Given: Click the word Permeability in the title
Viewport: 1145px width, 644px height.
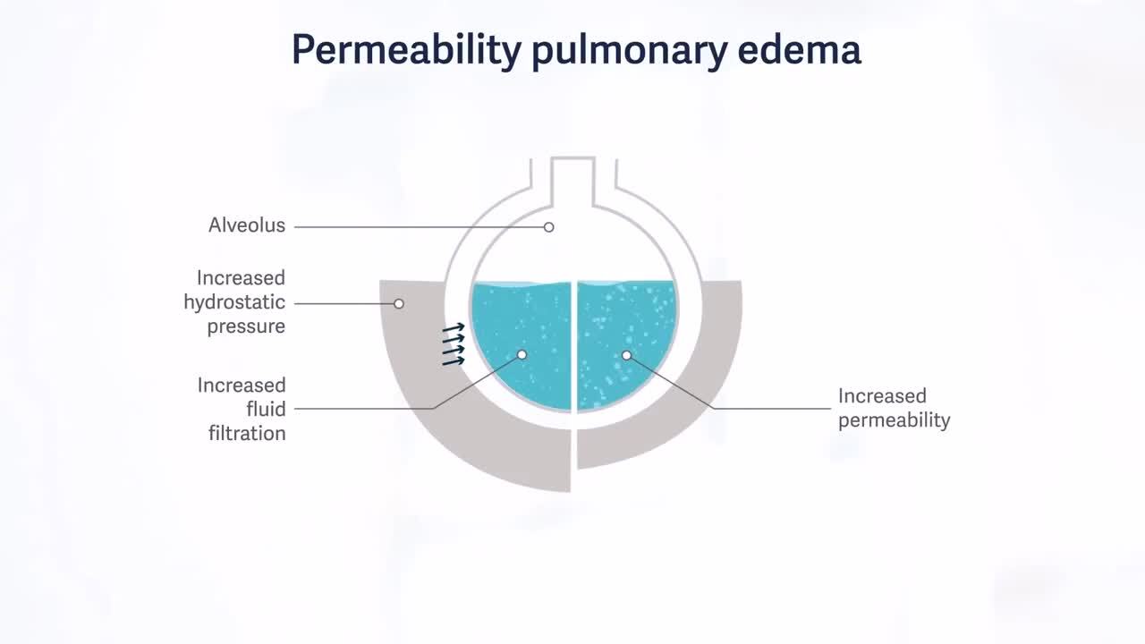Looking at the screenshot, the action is click(406, 50).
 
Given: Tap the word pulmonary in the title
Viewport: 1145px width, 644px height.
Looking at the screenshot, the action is click(629, 50).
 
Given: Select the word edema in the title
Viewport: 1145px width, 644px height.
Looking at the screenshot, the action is click(800, 50).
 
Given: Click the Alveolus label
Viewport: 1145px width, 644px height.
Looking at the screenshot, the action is click(246, 225).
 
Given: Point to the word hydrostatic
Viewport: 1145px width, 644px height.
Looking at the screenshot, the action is click(234, 302).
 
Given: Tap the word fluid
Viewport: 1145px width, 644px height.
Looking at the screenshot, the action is click(266, 409).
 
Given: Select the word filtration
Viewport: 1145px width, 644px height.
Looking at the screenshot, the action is click(247, 434).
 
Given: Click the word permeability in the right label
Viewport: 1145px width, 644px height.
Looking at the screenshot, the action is click(894, 420).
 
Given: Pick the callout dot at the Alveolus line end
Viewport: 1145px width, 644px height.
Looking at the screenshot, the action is click(548, 227).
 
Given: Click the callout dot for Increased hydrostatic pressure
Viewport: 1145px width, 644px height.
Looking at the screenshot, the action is click(399, 303).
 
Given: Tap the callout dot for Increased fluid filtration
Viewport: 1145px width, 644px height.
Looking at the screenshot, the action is click(522, 355).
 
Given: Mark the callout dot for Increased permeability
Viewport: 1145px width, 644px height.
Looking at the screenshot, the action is click(627, 355).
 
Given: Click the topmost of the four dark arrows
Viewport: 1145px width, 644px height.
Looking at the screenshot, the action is click(454, 327).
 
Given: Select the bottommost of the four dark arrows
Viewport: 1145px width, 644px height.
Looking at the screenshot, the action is click(454, 361).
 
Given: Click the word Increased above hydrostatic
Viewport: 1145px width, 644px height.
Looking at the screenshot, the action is click(241, 278).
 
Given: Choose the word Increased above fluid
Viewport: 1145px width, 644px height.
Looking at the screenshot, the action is click(242, 386).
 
